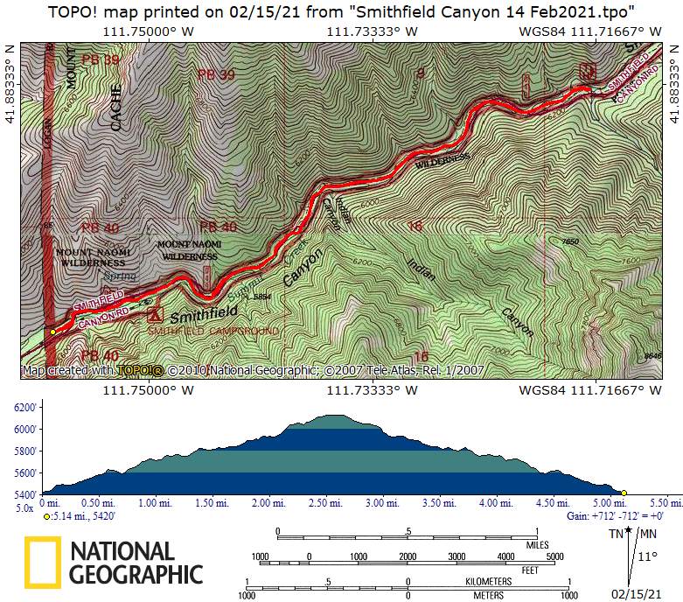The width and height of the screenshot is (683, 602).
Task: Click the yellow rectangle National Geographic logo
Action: [42, 563]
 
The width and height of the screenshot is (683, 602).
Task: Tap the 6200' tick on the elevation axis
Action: [24, 408]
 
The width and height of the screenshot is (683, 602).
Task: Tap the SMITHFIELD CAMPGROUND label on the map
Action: [213, 332]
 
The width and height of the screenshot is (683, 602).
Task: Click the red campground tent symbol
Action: [156, 313]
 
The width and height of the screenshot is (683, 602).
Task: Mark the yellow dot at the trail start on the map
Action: [52, 332]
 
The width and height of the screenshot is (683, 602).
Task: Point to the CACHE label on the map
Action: [115, 108]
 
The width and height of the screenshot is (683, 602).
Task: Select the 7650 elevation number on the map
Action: [571, 241]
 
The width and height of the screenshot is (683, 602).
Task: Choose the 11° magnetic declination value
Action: [647, 556]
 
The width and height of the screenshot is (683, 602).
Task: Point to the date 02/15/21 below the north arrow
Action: [637, 593]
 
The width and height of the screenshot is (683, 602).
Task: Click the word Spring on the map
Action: [120, 276]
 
